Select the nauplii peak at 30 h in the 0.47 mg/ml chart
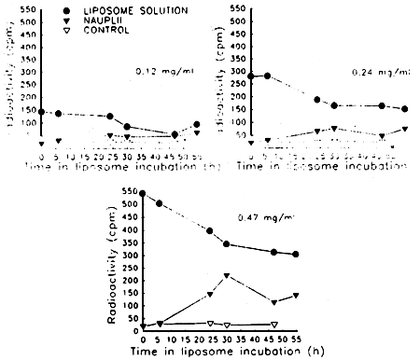click(x=227, y=276)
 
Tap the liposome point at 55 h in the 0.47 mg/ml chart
click(x=297, y=255)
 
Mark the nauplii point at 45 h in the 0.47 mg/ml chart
click(x=273, y=303)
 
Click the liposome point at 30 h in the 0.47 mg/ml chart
click(x=227, y=244)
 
